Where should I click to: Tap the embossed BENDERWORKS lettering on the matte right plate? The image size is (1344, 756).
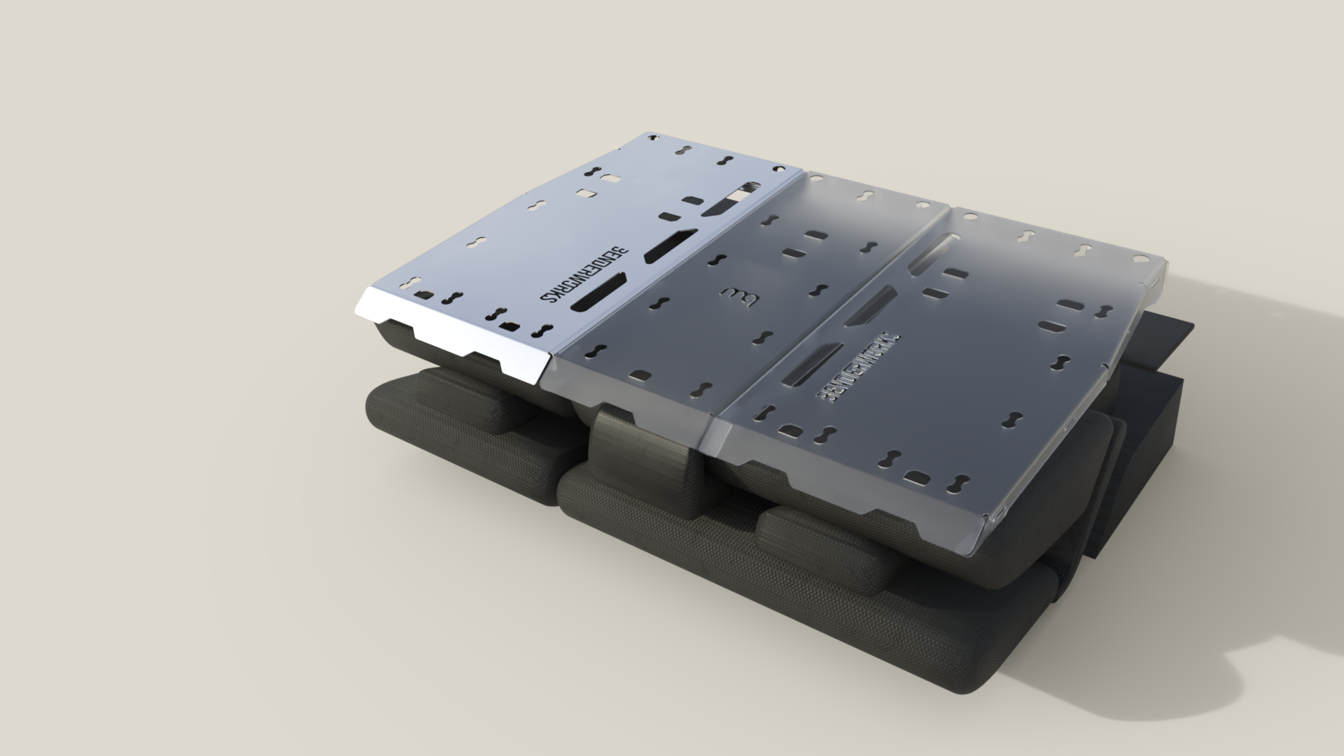click(x=858, y=368)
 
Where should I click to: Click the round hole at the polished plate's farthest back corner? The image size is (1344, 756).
click(x=654, y=134)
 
